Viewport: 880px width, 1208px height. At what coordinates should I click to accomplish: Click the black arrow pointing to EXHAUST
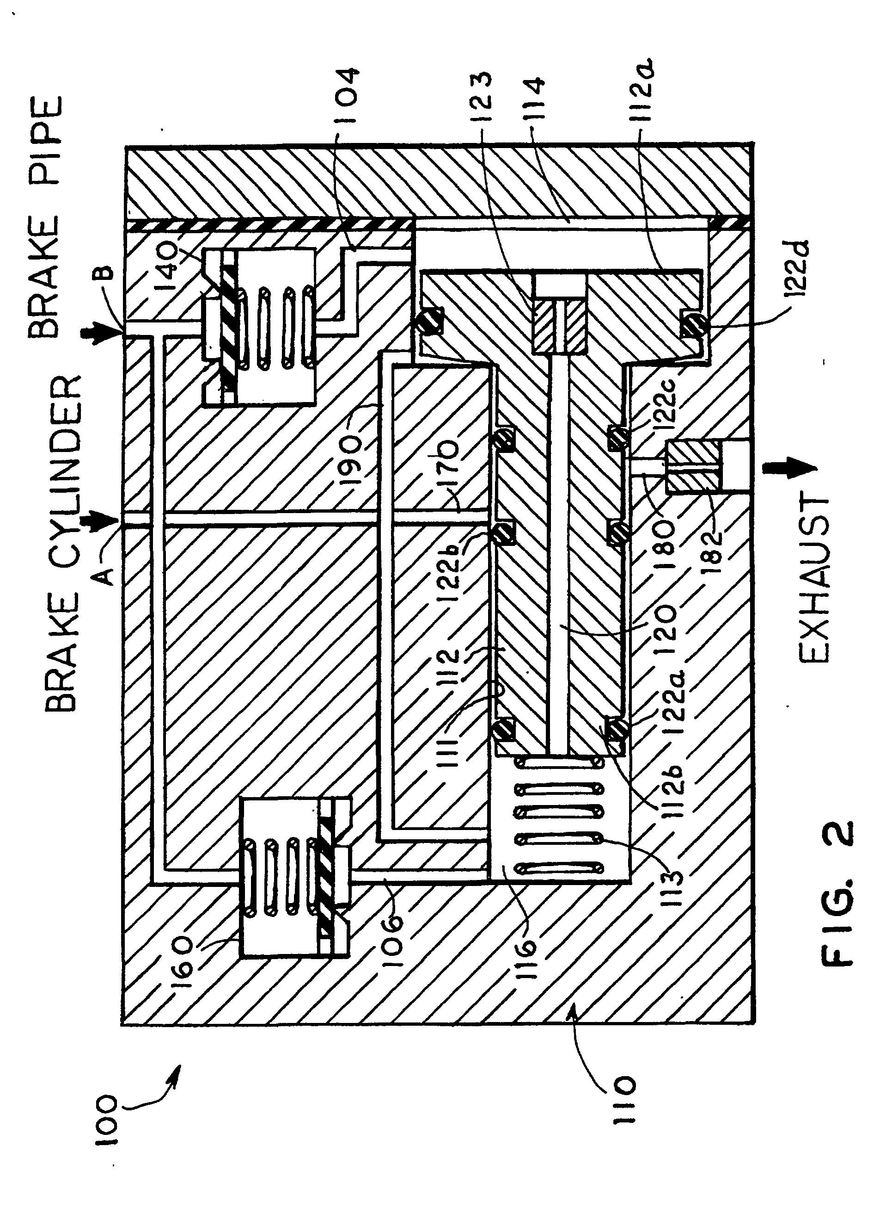(x=789, y=468)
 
